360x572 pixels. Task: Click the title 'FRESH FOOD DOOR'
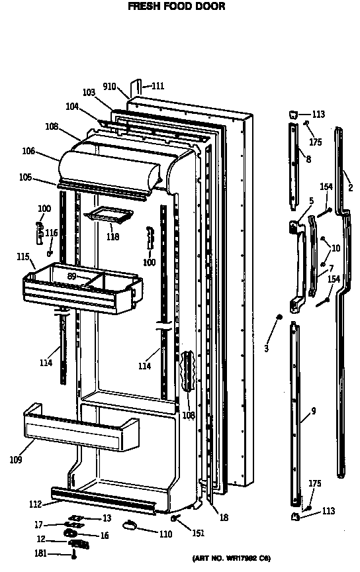pos(176,7)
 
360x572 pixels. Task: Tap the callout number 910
pos(110,87)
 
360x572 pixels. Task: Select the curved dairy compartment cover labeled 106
pos(109,168)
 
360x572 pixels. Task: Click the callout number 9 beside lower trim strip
pos(313,411)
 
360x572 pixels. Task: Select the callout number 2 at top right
pos(350,188)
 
